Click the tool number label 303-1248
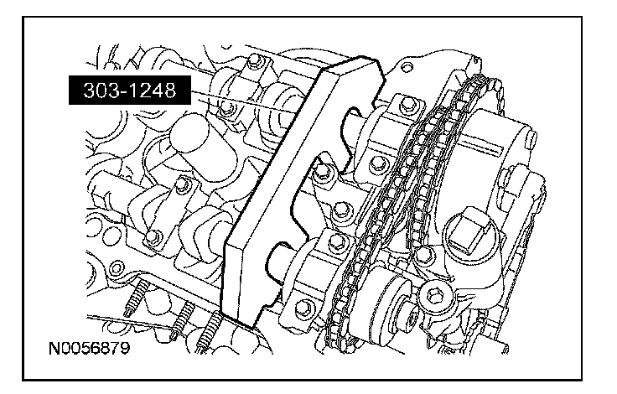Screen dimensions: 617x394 click(x=129, y=91)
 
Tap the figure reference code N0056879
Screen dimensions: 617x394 click(x=90, y=349)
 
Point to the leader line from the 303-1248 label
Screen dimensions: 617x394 click(x=244, y=102)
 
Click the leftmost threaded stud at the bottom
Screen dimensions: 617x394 click(x=135, y=299)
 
